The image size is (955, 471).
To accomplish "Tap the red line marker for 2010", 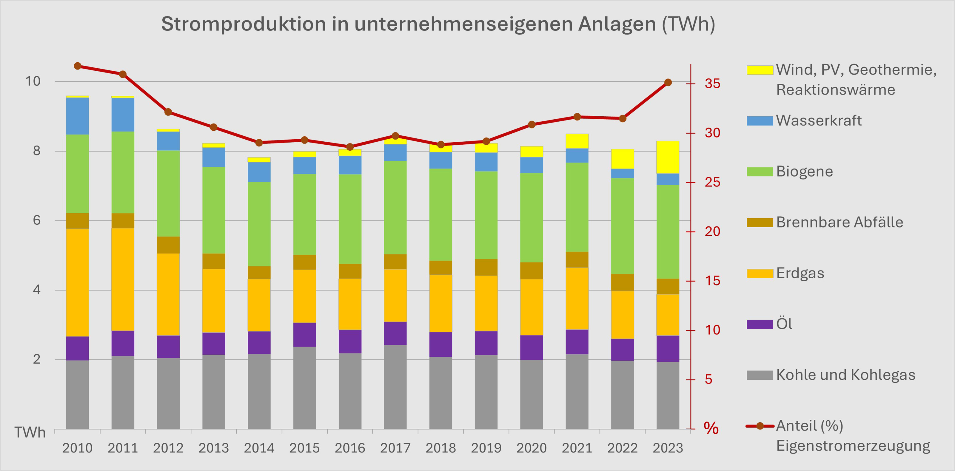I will [x=78, y=66].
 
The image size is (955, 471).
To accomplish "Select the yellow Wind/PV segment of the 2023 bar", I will [x=668, y=157].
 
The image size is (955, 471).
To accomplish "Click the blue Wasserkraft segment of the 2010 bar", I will [x=78, y=116].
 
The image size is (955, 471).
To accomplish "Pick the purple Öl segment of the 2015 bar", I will [x=304, y=335].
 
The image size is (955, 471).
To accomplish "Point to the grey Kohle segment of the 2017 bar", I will [x=395, y=387].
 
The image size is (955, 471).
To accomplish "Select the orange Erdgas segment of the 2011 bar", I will [x=123, y=279].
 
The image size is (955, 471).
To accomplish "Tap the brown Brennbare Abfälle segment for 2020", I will [x=532, y=271].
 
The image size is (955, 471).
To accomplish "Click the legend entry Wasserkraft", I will [x=818, y=121].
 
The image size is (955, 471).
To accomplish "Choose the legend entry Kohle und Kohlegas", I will [x=845, y=375].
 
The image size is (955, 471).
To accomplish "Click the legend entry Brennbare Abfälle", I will [x=839, y=222].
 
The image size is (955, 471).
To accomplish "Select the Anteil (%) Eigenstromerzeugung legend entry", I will [x=853, y=436].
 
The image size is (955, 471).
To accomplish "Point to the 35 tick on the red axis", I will [x=712, y=84].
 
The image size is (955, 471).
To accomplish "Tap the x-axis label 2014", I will [x=259, y=448].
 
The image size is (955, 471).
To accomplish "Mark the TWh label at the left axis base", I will [x=30, y=433].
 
